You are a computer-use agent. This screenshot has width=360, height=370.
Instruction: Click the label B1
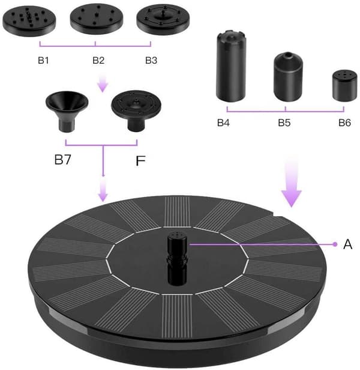[43, 61]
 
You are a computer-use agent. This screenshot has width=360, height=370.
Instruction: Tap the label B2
[98, 61]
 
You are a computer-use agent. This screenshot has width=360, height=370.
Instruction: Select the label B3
[151, 61]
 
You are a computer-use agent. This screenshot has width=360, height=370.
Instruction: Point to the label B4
[223, 123]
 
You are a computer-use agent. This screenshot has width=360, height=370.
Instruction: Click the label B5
[284, 123]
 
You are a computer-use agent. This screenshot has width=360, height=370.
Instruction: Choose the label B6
[344, 123]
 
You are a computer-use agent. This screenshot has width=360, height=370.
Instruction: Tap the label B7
[62, 160]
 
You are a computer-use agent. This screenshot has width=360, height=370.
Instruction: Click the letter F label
[140, 161]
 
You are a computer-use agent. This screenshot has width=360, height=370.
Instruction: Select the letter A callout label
[348, 244]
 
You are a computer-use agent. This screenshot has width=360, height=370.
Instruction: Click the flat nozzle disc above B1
[29, 21]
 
